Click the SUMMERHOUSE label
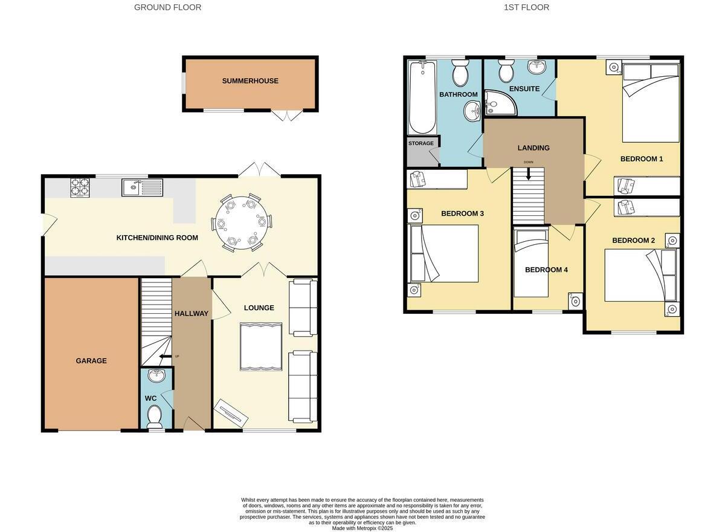[250, 81]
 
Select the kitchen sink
[141, 187]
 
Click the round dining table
[241, 222]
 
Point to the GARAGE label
[91, 361]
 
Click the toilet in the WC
[155, 415]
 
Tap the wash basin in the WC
[156, 376]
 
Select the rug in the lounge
[261, 346]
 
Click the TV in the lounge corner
[231, 414]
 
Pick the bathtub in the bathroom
[422, 97]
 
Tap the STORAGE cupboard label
[421, 143]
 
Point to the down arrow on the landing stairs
[529, 174]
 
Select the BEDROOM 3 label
[462, 213]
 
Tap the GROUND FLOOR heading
[167, 7]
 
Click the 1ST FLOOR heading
[526, 7]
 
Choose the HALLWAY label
[191, 313]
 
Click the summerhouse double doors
[286, 115]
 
